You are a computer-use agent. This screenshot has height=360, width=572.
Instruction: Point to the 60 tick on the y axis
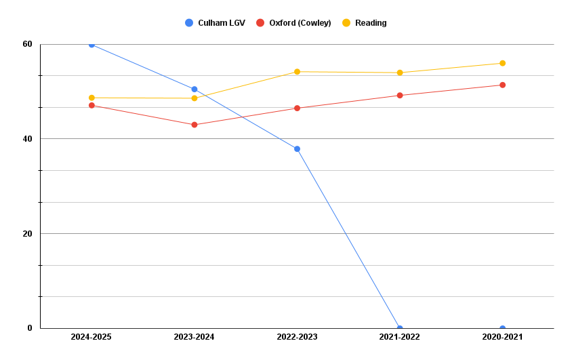[28, 44]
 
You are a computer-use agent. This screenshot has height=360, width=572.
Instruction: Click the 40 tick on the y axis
[28, 139]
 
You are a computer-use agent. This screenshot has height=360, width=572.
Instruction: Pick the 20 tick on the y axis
[28, 234]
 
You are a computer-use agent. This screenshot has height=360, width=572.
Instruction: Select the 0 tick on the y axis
[30, 328]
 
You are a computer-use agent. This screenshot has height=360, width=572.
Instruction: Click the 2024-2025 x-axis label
[91, 337]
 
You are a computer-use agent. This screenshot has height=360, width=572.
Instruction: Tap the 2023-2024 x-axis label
[194, 337]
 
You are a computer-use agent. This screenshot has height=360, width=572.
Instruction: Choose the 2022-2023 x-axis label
[297, 337]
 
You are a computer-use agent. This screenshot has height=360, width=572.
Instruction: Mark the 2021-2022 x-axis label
[400, 337]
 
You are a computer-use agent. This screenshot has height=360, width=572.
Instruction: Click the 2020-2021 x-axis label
[502, 337]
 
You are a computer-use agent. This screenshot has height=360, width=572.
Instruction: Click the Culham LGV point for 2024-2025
[91, 45]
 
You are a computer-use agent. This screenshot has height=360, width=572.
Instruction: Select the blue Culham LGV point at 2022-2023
[297, 149]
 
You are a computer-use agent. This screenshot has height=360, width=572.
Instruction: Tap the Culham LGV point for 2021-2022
[400, 328]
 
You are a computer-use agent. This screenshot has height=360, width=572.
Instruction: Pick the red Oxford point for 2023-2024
[195, 125]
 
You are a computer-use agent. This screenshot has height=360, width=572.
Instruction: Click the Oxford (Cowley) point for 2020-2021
[502, 85]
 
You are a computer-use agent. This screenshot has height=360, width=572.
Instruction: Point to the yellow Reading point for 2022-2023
[297, 72]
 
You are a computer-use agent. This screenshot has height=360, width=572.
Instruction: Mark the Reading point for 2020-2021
[502, 63]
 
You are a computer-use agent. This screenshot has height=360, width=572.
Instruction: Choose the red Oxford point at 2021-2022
[400, 96]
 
